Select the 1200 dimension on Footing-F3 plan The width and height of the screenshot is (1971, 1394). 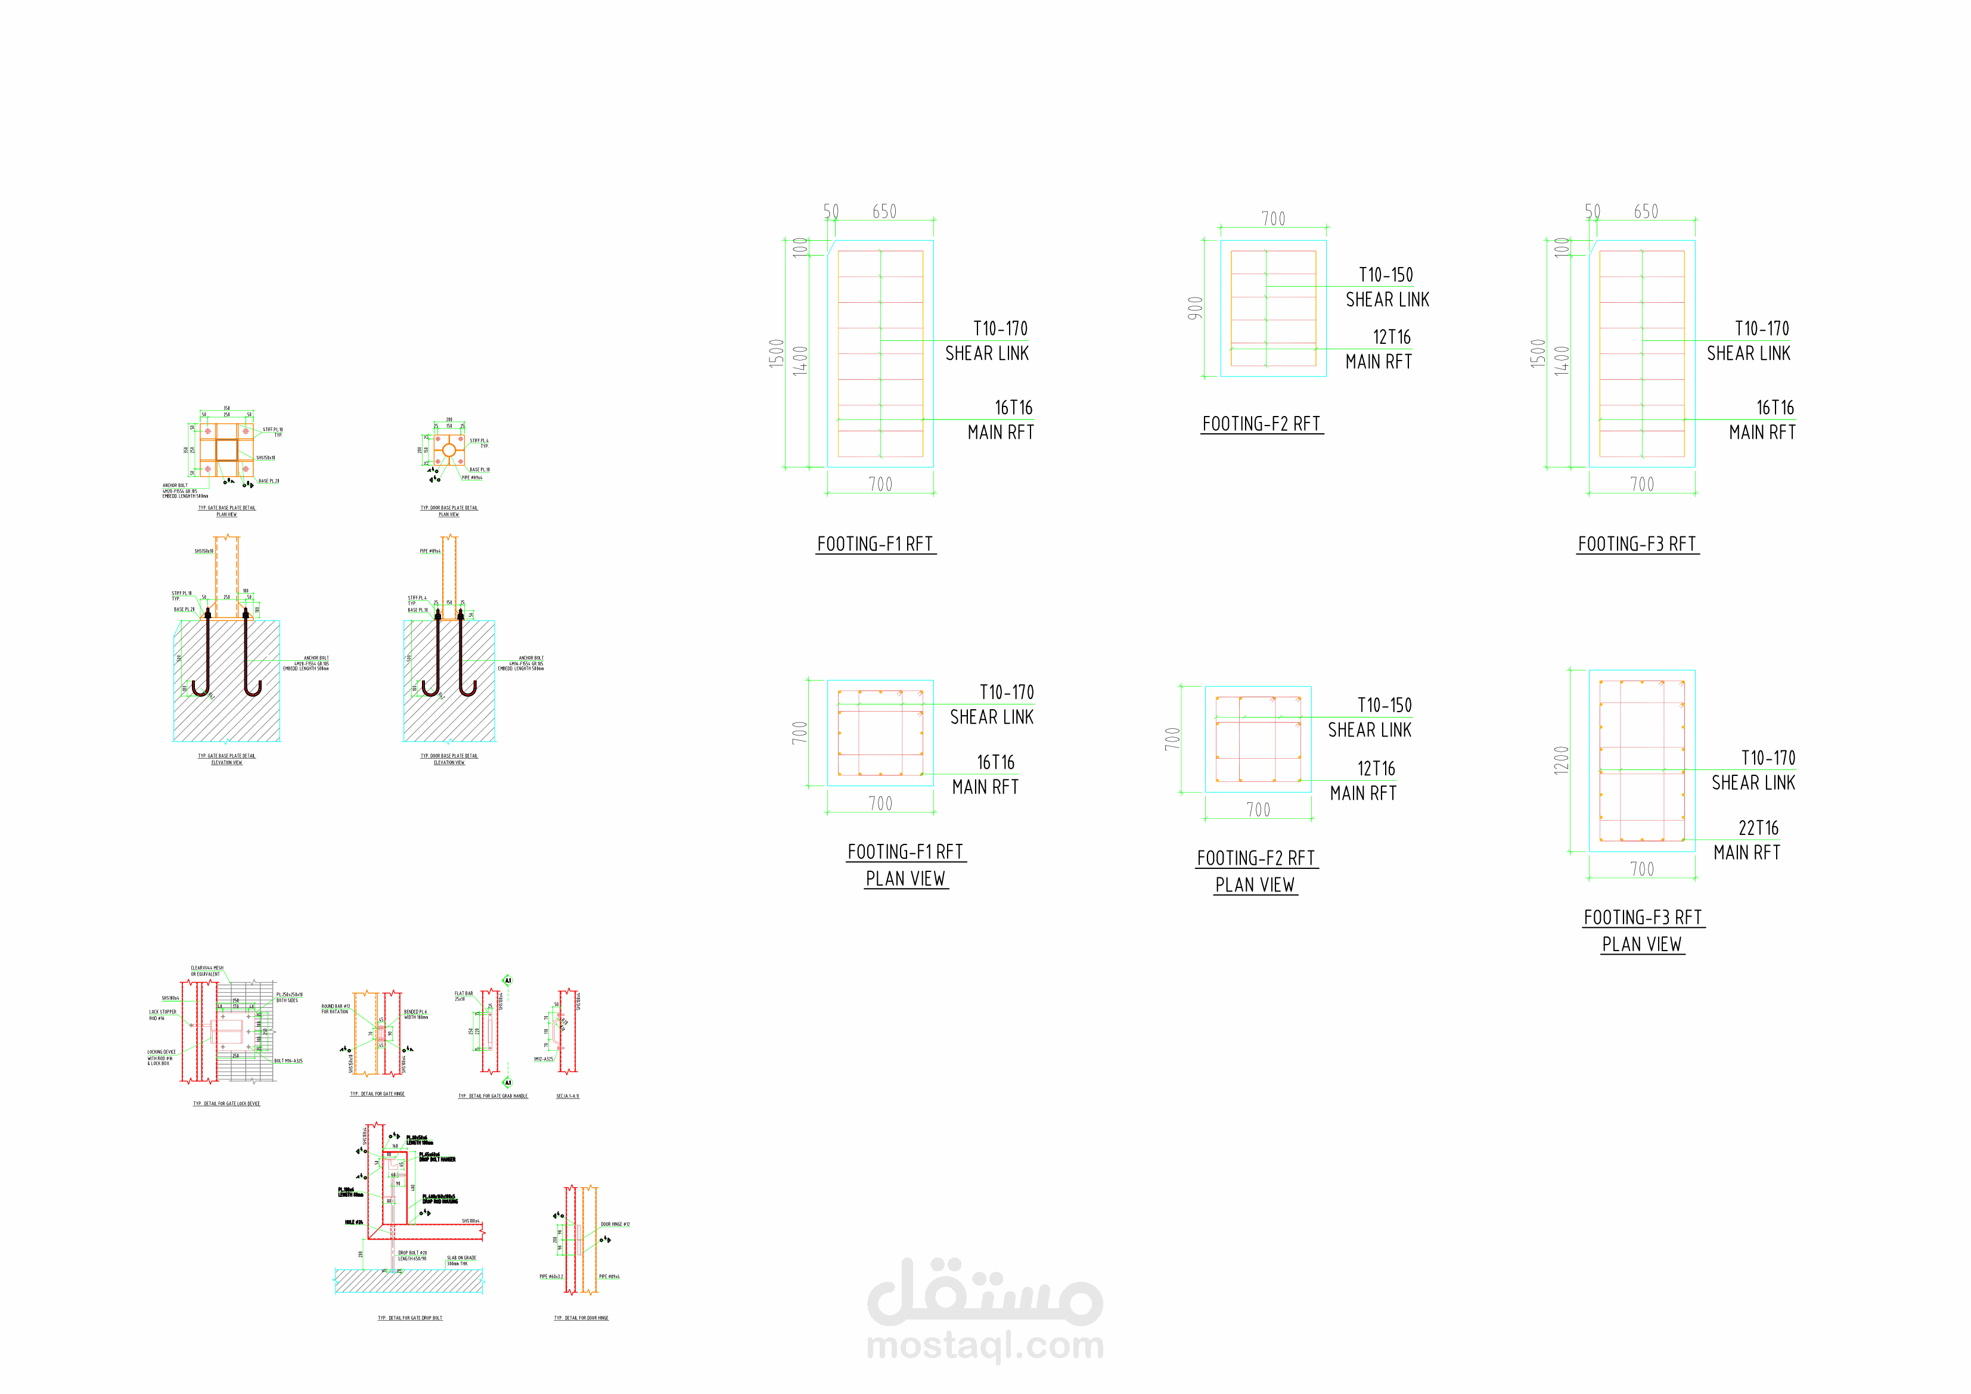pos(1562,760)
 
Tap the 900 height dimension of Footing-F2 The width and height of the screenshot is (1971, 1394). pos(1195,308)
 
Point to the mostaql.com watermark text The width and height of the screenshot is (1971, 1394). pos(986,1345)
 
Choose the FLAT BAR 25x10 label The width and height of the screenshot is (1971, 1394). pos(464,996)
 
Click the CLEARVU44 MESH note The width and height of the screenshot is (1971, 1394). pos(207,971)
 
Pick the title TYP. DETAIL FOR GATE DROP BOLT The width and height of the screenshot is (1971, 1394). pos(410,1318)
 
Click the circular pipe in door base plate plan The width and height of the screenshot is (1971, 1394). pos(449,451)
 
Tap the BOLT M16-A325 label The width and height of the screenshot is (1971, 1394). pos(288,1061)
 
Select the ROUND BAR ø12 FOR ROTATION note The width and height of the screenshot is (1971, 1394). pos(336,1008)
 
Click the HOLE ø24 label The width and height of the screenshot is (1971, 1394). pos(353,1222)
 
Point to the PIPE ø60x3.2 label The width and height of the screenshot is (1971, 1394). pos(550,1277)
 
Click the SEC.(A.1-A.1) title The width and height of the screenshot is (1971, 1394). pos(567,1096)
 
